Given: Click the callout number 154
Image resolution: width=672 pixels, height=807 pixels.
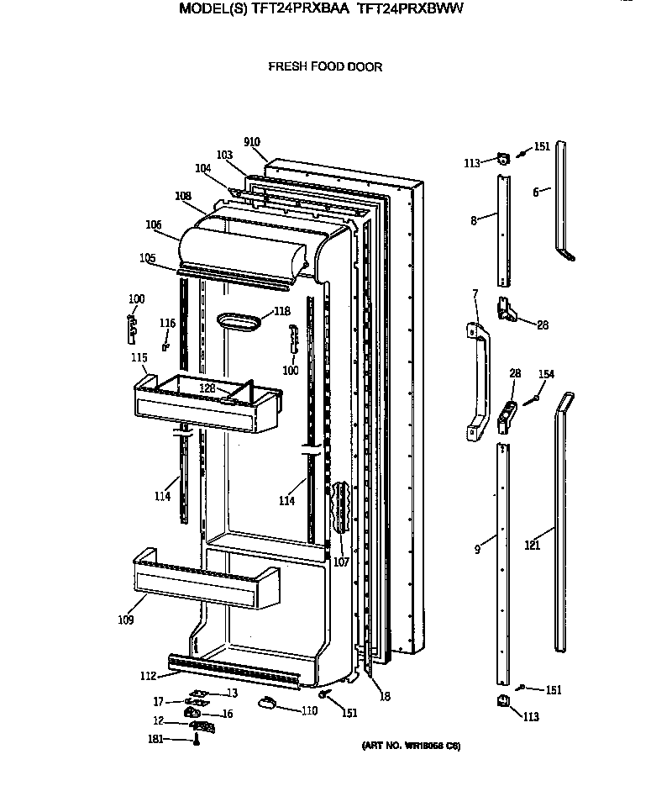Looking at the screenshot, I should [546, 374].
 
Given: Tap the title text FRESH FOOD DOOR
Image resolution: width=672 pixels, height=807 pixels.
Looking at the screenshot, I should [325, 66].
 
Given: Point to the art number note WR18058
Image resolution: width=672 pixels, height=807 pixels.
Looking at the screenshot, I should [411, 746].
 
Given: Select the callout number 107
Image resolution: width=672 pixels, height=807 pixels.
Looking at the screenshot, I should [341, 562].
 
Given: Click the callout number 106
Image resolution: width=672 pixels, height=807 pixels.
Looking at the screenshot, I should [153, 224].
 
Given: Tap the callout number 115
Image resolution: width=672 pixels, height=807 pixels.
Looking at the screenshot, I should [139, 357].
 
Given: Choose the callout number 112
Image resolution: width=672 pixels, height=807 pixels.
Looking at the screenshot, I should [149, 675].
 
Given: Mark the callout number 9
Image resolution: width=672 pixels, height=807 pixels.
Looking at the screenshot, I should [477, 550].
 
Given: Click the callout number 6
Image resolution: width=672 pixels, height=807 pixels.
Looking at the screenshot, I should [535, 192].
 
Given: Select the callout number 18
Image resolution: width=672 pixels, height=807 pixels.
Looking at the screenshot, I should [384, 697].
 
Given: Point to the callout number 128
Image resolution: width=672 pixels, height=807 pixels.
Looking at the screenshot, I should [207, 388].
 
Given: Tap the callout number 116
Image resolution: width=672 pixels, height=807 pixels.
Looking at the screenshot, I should [168, 323].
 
